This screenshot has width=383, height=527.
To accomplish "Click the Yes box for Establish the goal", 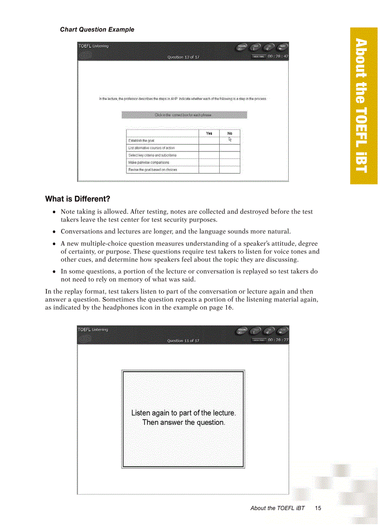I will click(x=209, y=140).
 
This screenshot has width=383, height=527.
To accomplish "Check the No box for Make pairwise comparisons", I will click(x=230, y=162).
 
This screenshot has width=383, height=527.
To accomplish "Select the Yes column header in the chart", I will click(x=209, y=133).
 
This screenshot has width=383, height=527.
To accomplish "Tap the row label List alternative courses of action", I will click(x=152, y=148).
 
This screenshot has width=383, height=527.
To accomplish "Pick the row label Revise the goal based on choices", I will click(x=153, y=170).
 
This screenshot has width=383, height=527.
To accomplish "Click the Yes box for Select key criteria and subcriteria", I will click(x=209, y=155).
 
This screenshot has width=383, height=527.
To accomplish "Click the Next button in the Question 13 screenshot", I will click(x=282, y=47).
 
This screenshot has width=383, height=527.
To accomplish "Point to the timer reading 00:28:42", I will click(x=278, y=56).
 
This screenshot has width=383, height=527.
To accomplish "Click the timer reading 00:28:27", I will click(x=278, y=340).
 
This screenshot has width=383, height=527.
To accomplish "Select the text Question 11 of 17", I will click(x=183, y=341).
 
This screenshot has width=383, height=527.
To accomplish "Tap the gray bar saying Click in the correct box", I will click(x=184, y=115).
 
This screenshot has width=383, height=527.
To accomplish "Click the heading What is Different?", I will click(x=77, y=199).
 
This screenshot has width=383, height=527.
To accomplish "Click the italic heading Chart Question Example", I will click(x=97, y=30).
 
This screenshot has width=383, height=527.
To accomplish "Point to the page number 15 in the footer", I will click(x=318, y=508).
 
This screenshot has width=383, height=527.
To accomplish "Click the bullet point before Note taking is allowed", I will click(x=54, y=212).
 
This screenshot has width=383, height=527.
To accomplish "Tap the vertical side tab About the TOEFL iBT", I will click(x=363, y=106).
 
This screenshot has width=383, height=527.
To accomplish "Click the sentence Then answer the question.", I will click(x=184, y=422).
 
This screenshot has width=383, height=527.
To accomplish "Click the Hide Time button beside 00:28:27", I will click(x=259, y=340).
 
